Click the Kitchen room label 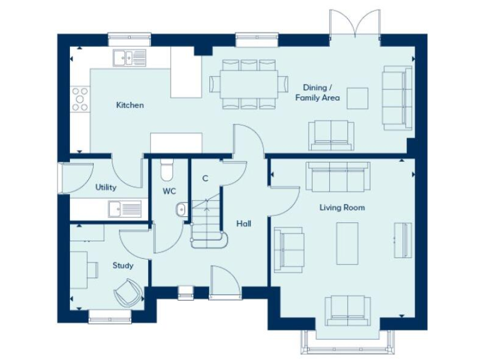(x=130, y=105)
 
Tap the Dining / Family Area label (x=322, y=92)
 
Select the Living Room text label (x=342, y=207)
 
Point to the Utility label (x=106, y=187)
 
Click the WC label (x=169, y=190)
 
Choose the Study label (x=123, y=266)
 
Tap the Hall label (x=243, y=223)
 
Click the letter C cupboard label (x=205, y=179)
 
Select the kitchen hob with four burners (x=80, y=99)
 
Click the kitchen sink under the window (x=131, y=58)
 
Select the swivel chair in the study (x=128, y=292)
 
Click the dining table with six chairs (x=244, y=84)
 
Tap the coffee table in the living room (x=347, y=243)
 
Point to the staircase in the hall (x=206, y=222)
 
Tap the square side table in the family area (x=358, y=98)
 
